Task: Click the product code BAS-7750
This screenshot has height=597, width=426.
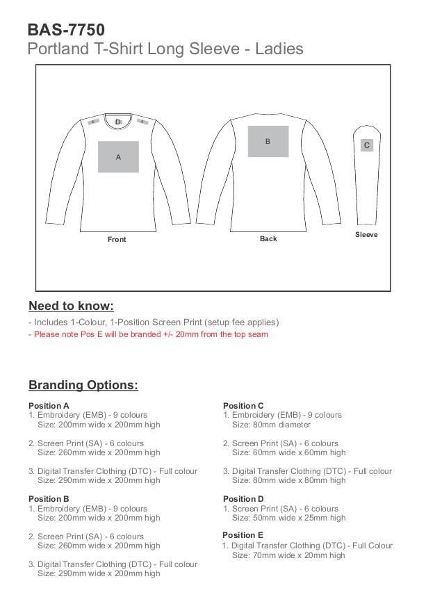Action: coord(67,30)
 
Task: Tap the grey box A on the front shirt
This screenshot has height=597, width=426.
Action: coord(118,157)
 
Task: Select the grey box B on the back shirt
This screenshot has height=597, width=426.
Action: coord(268,141)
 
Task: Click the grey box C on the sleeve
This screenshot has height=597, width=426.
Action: coord(367,145)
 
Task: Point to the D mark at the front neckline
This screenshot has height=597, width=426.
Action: coord(118,122)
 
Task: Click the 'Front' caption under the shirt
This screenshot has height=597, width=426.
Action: coord(117,240)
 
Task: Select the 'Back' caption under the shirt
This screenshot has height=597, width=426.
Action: coord(268,239)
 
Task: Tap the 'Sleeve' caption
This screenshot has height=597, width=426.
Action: coord(366,235)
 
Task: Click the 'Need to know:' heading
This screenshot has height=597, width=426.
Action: coord(71,306)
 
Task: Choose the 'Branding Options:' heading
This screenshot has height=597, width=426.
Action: coord(83,386)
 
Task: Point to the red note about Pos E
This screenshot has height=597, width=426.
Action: coord(148,334)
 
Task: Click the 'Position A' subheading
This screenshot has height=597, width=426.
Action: coord(49,406)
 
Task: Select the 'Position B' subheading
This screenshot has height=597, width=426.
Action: coord(49,499)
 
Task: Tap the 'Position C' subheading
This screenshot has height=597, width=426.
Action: coord(243,406)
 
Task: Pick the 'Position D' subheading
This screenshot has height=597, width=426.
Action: coord(243,499)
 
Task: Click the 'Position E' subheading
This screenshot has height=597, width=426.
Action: coord(243,535)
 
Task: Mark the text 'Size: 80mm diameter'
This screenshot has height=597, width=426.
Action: coord(271,425)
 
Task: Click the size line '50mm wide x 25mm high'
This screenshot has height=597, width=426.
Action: coord(288,518)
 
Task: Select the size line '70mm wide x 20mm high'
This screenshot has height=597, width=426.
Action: coord(288,555)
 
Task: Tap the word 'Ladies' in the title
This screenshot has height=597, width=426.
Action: coord(280,49)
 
